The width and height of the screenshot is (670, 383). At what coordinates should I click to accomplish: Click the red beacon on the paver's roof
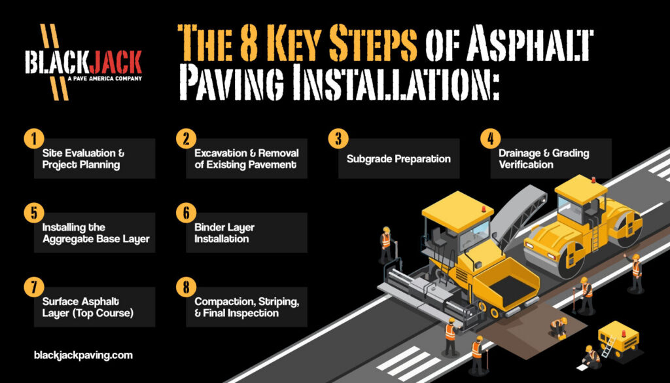point(485,208)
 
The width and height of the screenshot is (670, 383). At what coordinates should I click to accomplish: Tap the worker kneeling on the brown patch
point(558,326)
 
